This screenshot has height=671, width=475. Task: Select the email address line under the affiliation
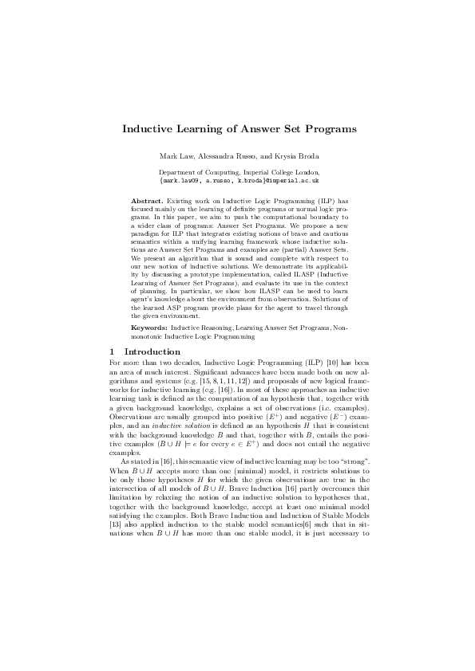coord(237,180)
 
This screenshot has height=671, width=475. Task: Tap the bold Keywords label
coord(148,328)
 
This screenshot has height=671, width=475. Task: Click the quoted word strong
coord(350,461)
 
